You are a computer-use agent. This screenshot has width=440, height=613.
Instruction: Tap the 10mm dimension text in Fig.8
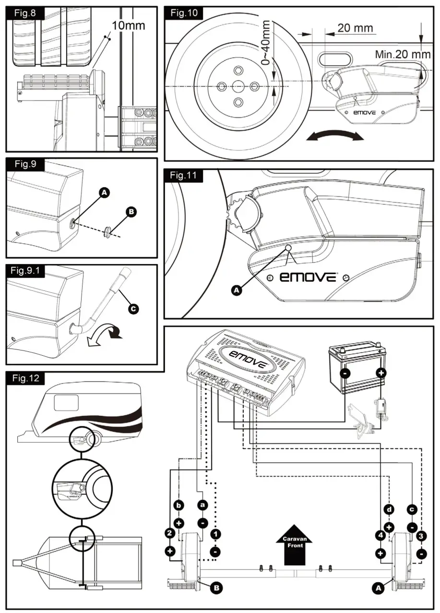128,25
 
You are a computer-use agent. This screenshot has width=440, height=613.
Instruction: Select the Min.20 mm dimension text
403,54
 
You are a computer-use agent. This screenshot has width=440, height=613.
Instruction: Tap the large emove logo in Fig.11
303,278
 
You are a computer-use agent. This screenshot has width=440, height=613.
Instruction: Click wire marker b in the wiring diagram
178,505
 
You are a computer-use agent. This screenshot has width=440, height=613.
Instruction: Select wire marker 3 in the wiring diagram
421,535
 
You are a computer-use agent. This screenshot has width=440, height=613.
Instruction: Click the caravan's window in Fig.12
66,402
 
